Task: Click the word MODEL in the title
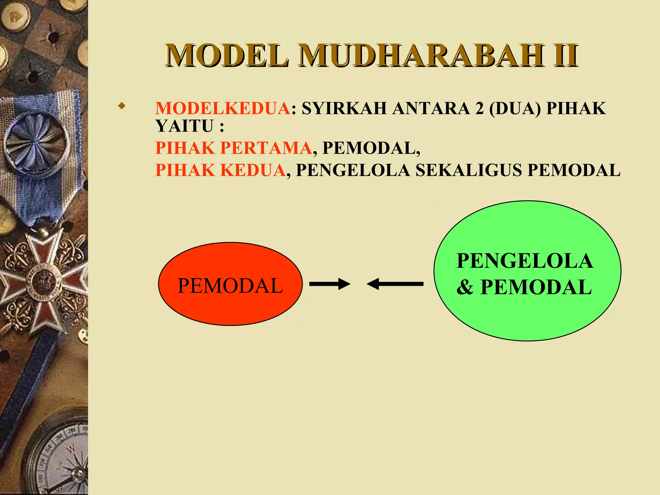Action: tap(227, 56)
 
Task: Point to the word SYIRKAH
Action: tap(344, 108)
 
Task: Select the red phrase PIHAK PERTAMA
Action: tap(233, 148)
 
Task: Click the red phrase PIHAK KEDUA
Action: tap(220, 170)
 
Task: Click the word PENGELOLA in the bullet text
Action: tap(353, 170)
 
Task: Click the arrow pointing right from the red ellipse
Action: tap(329, 284)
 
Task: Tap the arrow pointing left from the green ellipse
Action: tap(395, 284)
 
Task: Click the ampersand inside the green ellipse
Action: tap(464, 287)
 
